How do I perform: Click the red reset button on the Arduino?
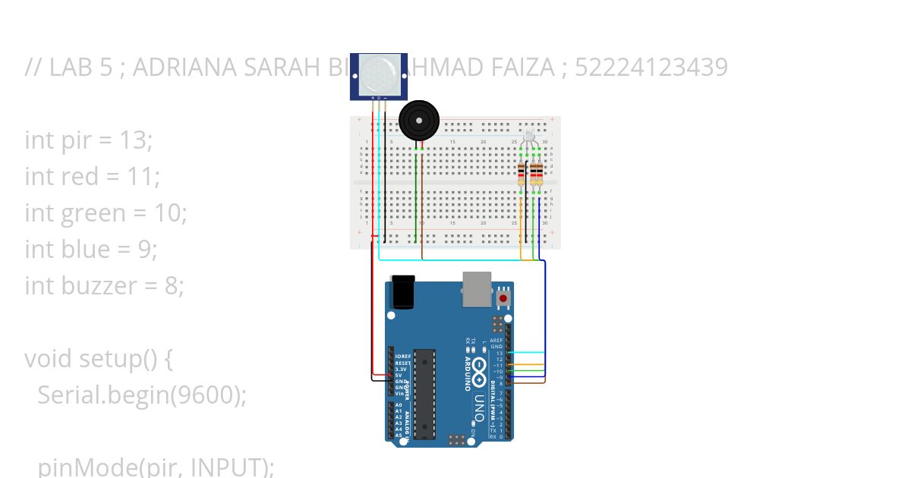(503, 298)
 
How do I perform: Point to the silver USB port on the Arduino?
(477, 289)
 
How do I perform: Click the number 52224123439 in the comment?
(651, 68)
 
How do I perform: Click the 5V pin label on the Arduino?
(399, 375)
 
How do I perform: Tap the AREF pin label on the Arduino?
(497, 341)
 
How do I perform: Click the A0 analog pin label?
(399, 405)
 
